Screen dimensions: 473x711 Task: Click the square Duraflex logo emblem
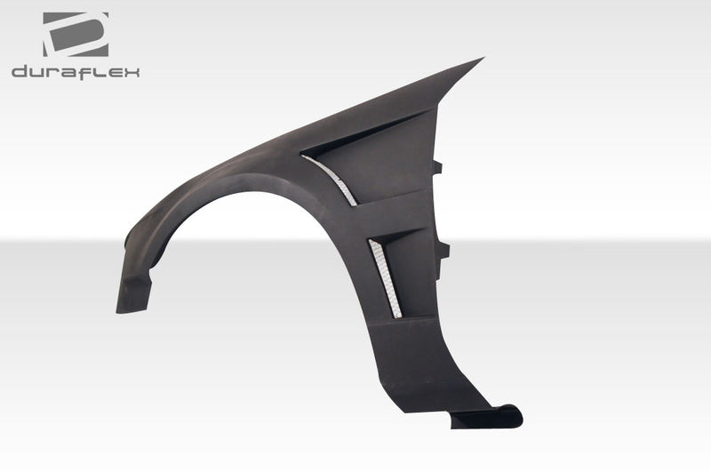(x=76, y=35)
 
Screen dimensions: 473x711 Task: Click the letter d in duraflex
(x=20, y=72)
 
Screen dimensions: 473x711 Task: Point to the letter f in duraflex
(x=88, y=72)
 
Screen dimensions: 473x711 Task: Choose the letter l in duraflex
(x=100, y=72)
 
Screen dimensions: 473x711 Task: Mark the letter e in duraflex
(x=115, y=72)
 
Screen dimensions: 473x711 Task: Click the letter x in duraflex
(x=132, y=72)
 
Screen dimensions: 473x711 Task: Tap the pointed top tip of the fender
(x=481, y=60)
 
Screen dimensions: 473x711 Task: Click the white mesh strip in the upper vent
(x=334, y=179)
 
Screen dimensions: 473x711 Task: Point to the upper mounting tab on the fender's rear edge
(x=438, y=166)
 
